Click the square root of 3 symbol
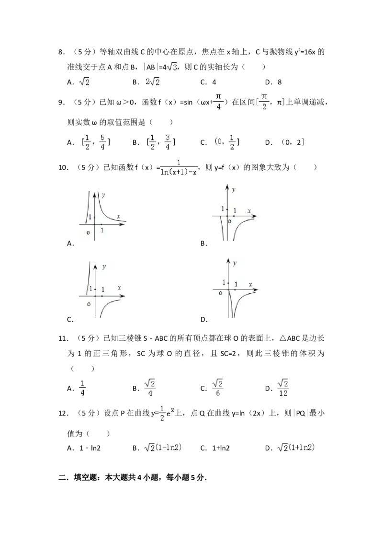[x=172, y=67]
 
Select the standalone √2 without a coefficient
[x=84, y=82]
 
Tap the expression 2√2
[x=151, y=82]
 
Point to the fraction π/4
[x=218, y=102]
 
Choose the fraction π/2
[x=264, y=102]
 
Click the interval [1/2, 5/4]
[x=94, y=141]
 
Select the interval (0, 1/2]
[x=225, y=141]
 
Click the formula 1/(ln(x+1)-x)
[x=178, y=167]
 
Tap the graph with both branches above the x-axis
[x=103, y=215]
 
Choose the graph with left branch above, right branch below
[x=101, y=289]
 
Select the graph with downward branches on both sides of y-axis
[x=236, y=211]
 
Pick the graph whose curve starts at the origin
[x=236, y=288]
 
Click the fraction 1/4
[x=82, y=388]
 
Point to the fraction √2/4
[x=150, y=388]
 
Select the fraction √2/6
[x=218, y=388]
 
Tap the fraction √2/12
[x=283, y=388]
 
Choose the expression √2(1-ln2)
[x=163, y=447]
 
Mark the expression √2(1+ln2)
[x=297, y=447]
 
